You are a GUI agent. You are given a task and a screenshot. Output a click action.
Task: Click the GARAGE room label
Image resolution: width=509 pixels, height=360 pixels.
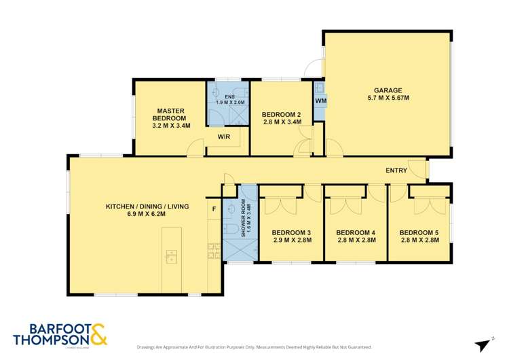point(388,90)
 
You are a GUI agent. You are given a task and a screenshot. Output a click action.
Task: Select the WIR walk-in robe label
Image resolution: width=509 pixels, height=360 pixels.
point(223,137)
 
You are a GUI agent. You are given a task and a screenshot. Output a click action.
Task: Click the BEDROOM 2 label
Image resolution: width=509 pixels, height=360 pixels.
point(282,114)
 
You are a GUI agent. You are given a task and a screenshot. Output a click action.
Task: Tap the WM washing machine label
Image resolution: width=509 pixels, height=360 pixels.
point(320,101)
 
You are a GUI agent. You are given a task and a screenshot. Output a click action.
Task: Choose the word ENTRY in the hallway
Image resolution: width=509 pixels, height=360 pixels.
point(396,170)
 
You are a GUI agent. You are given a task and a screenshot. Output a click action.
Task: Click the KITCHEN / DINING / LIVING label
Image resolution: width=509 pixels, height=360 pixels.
point(147,206)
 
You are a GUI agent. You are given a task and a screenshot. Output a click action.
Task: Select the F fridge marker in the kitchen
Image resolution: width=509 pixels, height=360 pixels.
point(214,209)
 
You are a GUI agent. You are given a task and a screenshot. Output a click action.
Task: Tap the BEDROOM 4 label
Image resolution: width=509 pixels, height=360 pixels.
point(356,233)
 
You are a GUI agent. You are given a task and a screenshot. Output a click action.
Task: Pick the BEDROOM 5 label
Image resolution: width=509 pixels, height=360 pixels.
point(419,233)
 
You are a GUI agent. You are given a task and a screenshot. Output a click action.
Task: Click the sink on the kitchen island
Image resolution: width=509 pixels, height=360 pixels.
point(171,256)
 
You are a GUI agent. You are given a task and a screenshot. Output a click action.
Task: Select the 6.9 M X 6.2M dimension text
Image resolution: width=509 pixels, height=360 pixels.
point(147,214)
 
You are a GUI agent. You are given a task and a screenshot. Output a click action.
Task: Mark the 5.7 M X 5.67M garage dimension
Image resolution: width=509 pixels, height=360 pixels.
point(388,98)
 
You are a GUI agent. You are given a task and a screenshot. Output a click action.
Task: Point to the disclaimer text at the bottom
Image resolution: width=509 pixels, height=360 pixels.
point(254,346)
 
